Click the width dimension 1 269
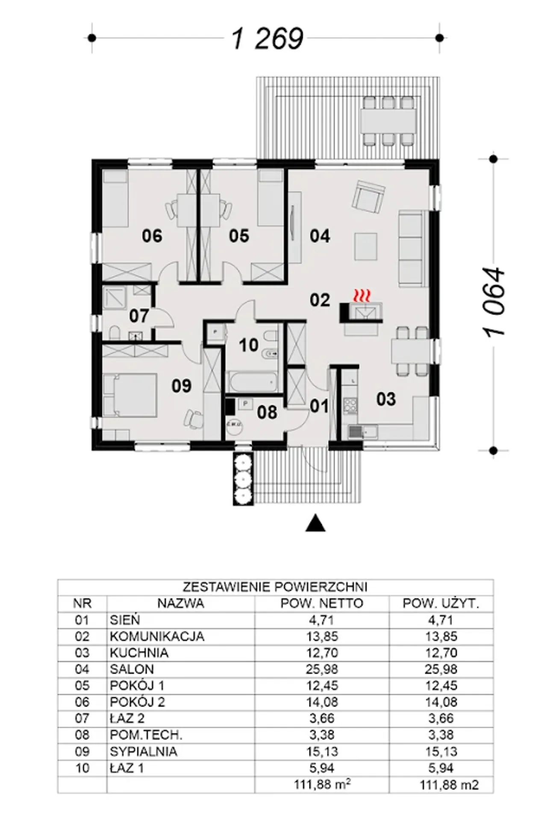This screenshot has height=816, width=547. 268,38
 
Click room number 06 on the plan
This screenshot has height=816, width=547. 152,236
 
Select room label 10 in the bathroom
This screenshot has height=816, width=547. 249,345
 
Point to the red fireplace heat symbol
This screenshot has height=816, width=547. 361,294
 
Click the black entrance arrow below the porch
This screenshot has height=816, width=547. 315,523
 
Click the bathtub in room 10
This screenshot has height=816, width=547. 252,381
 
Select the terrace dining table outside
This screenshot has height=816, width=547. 388,121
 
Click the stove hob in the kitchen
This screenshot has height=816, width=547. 350,404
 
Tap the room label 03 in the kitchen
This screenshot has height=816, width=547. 386,399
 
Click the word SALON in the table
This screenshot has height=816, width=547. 132,669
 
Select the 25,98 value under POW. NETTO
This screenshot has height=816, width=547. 322,669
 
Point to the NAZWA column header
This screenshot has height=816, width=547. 181,604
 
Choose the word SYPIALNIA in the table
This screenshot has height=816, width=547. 144,752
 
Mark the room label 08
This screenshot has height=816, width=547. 267,412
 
